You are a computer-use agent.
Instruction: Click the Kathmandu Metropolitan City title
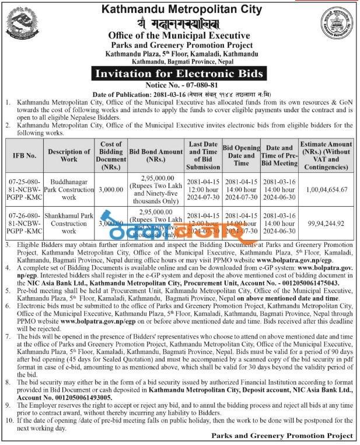coord(179,9)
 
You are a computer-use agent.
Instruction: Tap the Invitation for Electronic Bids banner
coord(179,74)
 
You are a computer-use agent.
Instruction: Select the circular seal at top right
coord(337,25)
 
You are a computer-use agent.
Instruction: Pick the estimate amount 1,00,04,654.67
coord(326,190)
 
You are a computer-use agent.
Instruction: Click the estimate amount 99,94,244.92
coord(326,223)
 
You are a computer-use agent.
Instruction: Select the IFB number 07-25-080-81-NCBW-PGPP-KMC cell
coord(25,190)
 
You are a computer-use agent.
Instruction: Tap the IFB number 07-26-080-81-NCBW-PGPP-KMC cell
coord(25,223)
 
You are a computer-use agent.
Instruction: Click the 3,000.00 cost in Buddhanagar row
coord(111,190)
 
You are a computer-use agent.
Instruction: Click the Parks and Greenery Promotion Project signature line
coord(282,435)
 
